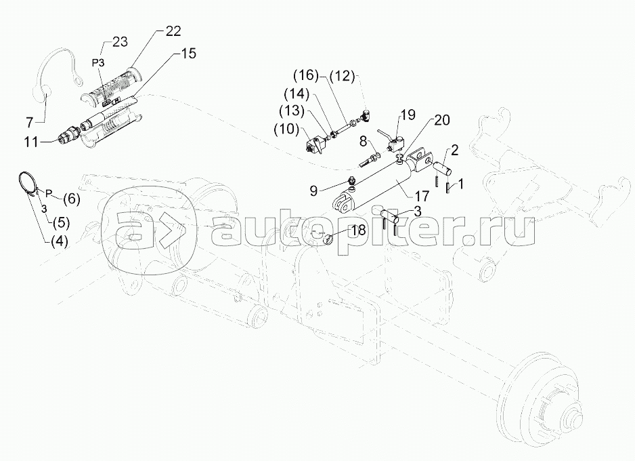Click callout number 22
point(173,31)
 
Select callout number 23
point(119,41)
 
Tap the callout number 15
point(188,53)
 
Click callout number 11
point(30,142)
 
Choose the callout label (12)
point(342,76)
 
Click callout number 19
point(408,115)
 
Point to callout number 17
point(422,197)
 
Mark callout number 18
point(358,230)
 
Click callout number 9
point(314,191)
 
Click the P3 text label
point(98,62)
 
